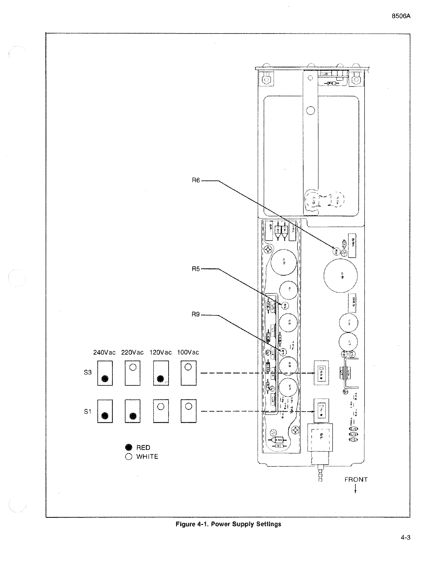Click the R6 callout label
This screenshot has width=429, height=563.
point(196,180)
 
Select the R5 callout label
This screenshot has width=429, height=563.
point(196,269)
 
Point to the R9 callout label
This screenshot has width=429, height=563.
point(196,315)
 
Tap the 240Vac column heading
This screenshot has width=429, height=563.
point(104,352)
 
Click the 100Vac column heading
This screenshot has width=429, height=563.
point(188,352)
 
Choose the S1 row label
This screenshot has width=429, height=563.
point(88,412)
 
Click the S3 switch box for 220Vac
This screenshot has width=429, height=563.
point(133,373)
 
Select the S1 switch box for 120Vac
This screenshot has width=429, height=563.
point(161,411)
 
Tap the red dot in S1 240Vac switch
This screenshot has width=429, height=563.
point(105,415)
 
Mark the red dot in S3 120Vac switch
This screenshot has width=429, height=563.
point(160,379)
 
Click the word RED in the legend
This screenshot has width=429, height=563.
point(143,448)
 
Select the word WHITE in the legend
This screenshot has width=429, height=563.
point(147,457)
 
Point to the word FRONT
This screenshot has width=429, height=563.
point(356,480)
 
